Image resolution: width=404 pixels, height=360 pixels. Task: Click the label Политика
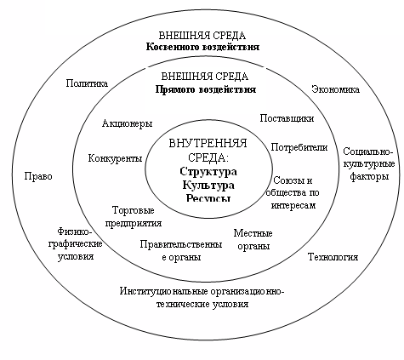click(x=87, y=83)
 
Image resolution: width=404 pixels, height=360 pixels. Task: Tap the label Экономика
click(x=336, y=89)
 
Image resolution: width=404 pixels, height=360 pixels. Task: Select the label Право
click(x=38, y=176)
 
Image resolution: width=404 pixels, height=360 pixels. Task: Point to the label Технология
click(x=333, y=257)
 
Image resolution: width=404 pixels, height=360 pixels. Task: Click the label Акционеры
click(x=128, y=123)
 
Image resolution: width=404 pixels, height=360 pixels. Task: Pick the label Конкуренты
click(x=115, y=158)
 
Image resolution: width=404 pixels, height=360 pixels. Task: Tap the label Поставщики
click(x=287, y=118)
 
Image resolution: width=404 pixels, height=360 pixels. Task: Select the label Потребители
click(x=299, y=147)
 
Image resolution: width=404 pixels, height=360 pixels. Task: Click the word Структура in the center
click(x=208, y=172)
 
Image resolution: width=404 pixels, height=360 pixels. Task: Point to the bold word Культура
click(x=208, y=185)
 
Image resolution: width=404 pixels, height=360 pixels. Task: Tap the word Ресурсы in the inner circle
click(x=208, y=197)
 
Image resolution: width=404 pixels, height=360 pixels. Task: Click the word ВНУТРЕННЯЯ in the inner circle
click(x=208, y=144)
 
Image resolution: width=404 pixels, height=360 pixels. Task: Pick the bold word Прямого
click(x=175, y=89)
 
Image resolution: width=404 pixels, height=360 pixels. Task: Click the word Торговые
click(x=134, y=210)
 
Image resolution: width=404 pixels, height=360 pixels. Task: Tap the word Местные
click(x=253, y=233)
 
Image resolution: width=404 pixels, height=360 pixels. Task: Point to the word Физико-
click(x=75, y=231)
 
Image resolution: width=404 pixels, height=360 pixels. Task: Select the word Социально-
click(x=368, y=151)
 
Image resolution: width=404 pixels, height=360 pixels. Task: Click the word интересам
click(x=293, y=205)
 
